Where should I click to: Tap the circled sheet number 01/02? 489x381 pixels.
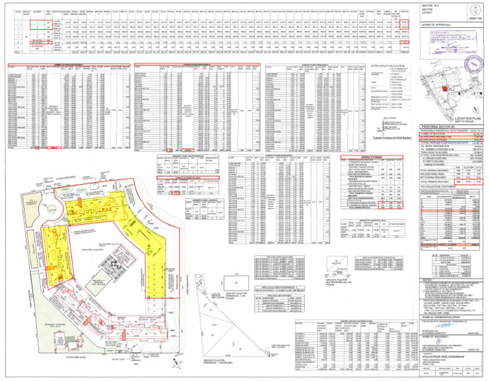point(476,9)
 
